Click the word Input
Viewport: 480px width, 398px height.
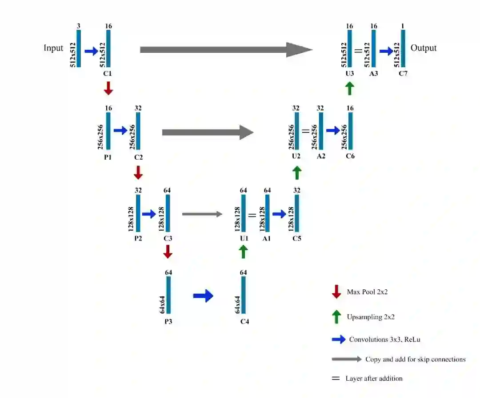pos(53,48)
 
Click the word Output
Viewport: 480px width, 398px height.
pos(423,48)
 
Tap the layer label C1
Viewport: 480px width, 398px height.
pos(108,74)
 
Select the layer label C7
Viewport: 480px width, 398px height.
pos(403,74)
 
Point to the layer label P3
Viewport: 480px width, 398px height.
pos(168,321)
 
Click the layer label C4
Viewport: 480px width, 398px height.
pos(244,321)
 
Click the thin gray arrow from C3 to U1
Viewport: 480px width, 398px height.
pos(202,214)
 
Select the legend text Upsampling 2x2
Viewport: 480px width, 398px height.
pos(371,317)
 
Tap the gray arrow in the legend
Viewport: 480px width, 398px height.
pos(346,359)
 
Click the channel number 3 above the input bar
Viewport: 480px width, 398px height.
pos(79,26)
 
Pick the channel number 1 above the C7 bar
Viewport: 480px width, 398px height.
pos(403,26)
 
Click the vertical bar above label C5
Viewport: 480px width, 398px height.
pos(297,213)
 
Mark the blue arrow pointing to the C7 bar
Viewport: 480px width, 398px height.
pos(387,51)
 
